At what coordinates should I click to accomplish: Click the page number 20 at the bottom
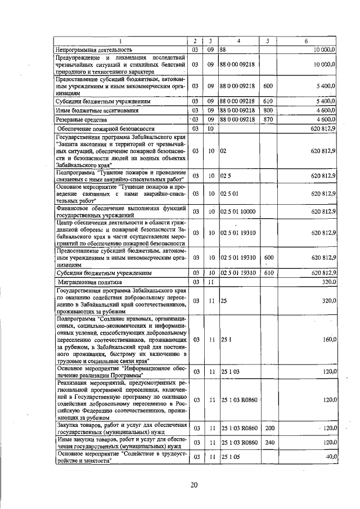point(194,485)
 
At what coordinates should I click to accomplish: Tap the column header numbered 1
point(120,41)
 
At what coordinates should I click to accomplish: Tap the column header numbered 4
point(238,41)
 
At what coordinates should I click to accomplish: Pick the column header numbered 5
point(268,41)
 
